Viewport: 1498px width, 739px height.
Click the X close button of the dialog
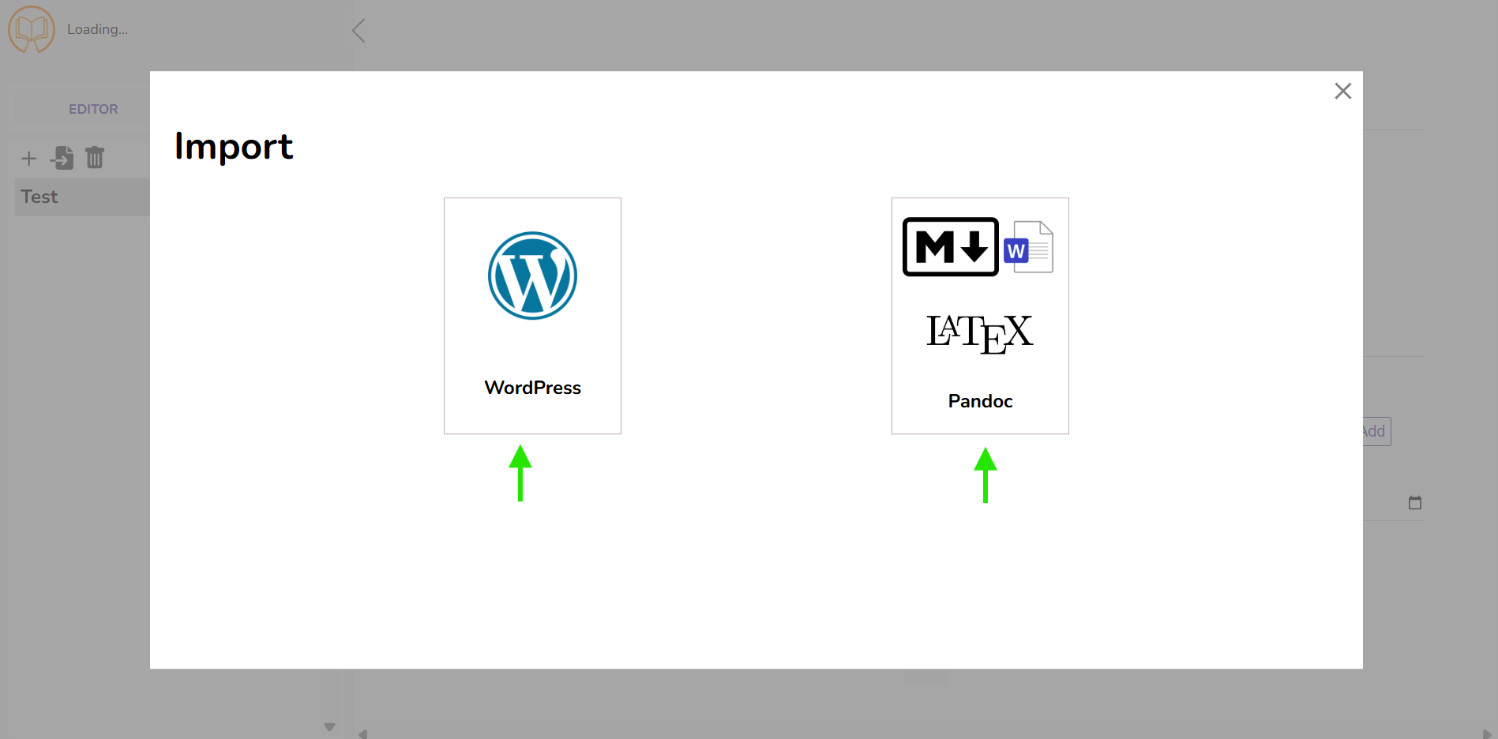1342,91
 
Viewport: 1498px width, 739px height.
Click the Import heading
234,147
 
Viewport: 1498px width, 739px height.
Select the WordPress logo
532,276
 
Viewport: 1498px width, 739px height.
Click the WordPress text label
532,388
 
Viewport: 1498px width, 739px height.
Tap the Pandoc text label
980,401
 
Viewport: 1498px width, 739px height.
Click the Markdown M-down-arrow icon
951,247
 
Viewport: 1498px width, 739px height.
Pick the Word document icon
1028,247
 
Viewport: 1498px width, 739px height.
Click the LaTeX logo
979,333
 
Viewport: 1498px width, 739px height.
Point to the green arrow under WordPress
520,473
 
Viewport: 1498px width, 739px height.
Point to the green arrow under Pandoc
985,475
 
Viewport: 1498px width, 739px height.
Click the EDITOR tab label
93,109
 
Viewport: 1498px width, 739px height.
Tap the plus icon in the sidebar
29,159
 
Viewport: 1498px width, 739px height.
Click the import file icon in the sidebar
62,158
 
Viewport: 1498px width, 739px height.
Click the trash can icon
95,157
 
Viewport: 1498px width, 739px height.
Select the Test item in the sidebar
39,197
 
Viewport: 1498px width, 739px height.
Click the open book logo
32,29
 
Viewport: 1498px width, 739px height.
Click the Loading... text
97,29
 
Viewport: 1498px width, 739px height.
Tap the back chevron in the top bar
359,31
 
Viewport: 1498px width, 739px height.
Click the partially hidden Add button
1376,431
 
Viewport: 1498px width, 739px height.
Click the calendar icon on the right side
1415,502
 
